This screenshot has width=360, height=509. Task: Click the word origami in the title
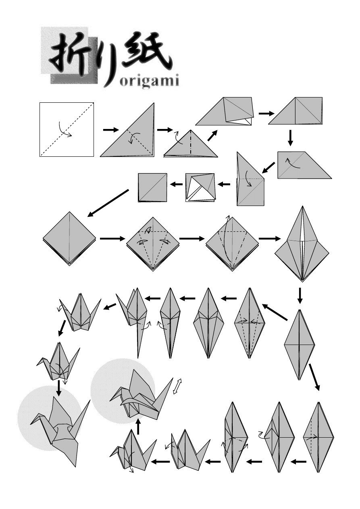pos(149,81)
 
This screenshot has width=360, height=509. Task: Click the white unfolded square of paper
pos(67,129)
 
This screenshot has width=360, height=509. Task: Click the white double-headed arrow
pos(177,386)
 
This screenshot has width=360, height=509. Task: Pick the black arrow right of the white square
pos(111,130)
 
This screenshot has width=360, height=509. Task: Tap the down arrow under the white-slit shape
pos(300,295)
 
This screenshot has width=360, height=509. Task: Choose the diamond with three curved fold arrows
pos(153,244)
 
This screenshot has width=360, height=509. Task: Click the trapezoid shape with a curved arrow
pos(304,165)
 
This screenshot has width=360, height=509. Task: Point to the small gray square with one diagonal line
pos(152,188)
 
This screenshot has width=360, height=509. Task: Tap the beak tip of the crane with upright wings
pos(37,366)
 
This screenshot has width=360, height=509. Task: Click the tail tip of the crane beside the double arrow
pos(173,378)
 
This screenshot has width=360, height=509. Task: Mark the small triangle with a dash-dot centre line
pos(190,143)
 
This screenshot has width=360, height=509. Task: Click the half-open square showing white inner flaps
pos(200,188)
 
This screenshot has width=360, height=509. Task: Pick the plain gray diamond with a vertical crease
pos(70,239)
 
